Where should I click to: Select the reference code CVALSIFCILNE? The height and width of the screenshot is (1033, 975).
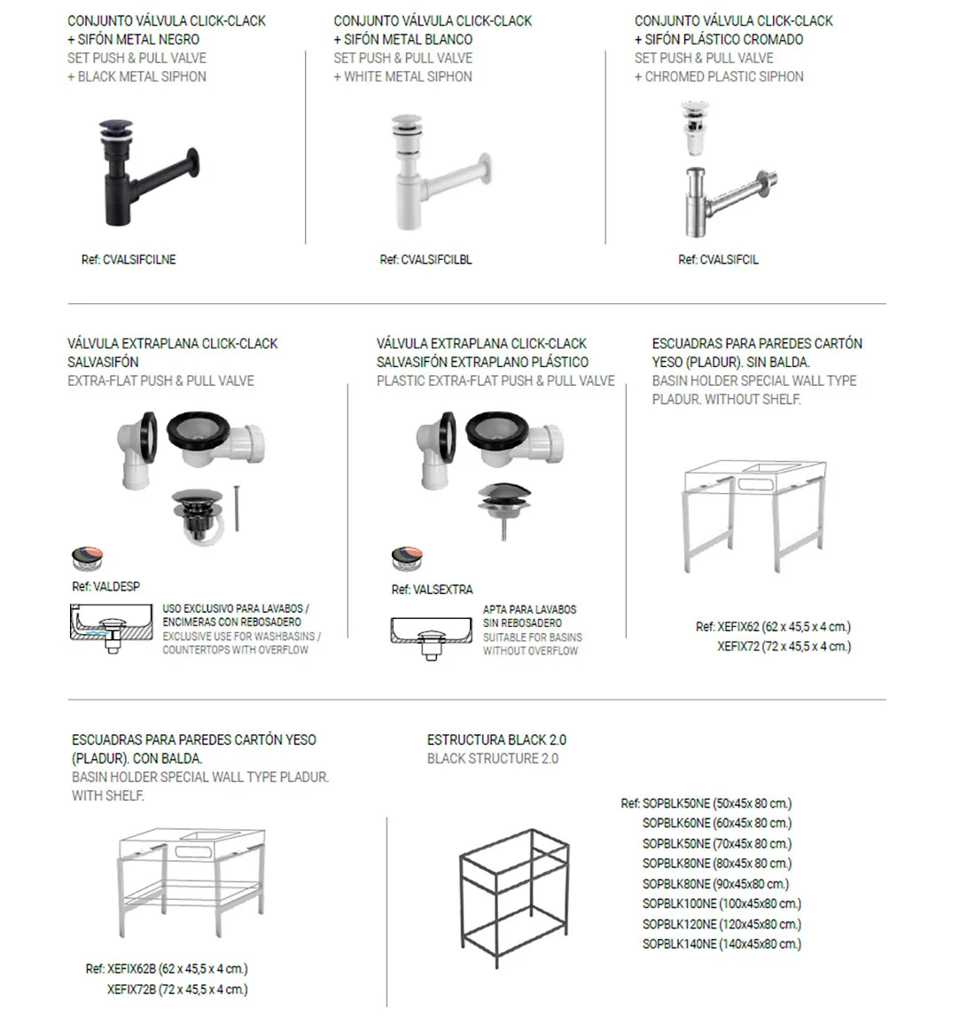(129, 260)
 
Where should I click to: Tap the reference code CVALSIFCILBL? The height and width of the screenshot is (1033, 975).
(425, 260)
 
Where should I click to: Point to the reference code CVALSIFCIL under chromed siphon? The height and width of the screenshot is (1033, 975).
(718, 260)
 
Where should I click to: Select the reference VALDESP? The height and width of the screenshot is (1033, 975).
(105, 586)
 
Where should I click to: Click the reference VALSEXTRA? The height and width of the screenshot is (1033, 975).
(432, 589)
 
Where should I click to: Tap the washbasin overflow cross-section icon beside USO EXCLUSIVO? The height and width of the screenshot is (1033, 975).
(110, 628)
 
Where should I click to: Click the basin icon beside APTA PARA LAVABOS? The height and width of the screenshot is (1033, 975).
(431, 635)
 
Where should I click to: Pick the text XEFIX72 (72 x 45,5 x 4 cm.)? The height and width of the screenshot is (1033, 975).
(784, 646)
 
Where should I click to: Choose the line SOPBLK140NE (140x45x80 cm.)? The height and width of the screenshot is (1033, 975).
(721, 944)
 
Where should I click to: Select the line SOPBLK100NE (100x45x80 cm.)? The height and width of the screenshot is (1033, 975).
(721, 904)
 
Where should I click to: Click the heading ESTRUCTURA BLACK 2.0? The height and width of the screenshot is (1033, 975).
(496, 740)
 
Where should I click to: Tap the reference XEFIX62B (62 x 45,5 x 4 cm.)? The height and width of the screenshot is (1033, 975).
(167, 968)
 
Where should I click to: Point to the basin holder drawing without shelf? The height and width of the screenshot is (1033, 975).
(755, 514)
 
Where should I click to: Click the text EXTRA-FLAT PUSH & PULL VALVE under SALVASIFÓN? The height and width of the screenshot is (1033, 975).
(160, 380)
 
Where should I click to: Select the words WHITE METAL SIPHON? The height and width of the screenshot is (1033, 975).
(407, 76)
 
